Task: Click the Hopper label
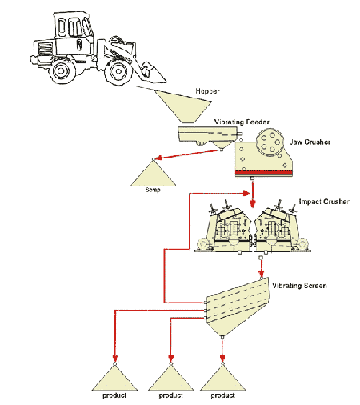coord(207,91)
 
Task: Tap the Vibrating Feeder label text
coord(242,122)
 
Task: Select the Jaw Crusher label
coord(310,142)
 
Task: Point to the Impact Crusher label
coord(324,202)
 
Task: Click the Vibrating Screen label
coord(299,286)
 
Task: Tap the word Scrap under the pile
coord(153,190)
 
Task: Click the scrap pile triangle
coord(153,174)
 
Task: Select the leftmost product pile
coord(114,379)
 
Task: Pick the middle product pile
coord(171,379)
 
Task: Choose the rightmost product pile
coord(222,379)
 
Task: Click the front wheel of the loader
coord(118,71)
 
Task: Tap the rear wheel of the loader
coord(62,71)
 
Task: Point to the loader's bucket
coord(152,73)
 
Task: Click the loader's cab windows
coord(74,26)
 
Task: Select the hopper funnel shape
coord(184,107)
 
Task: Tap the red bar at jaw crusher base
coord(264,173)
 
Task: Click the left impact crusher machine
coord(223,230)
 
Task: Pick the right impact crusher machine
coord(282,230)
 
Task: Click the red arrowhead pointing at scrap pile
coord(158,158)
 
